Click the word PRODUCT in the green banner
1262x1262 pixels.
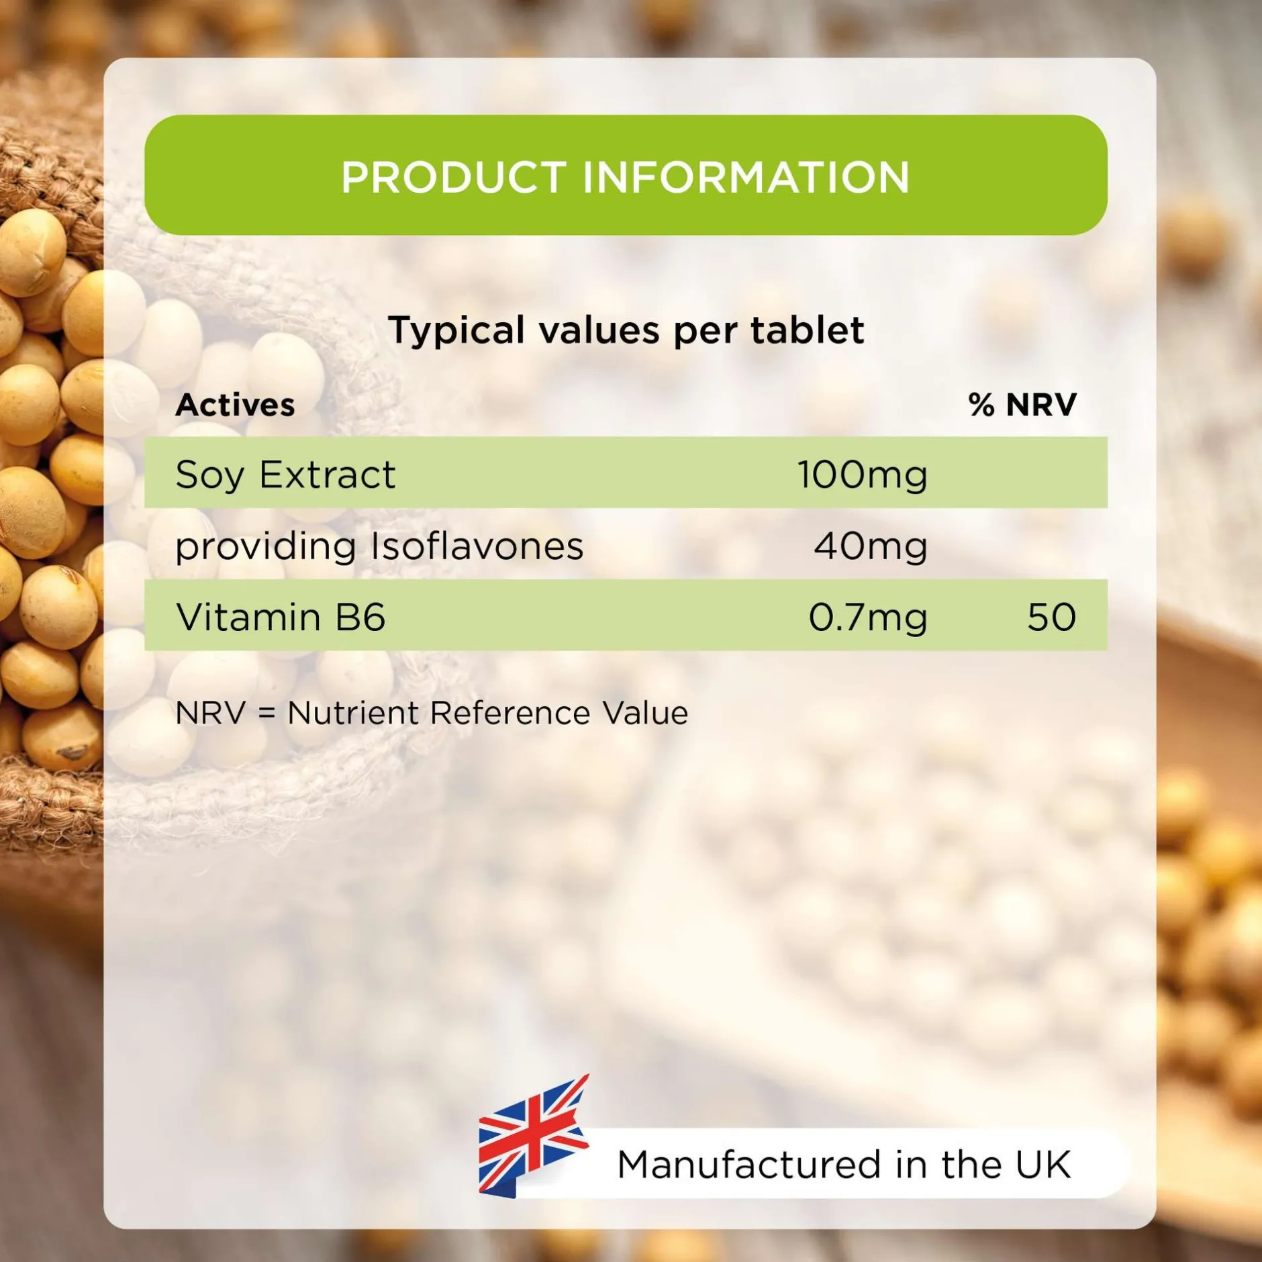point(454,177)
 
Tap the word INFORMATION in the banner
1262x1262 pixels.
point(746,177)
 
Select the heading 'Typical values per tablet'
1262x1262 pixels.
point(626,331)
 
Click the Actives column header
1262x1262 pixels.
point(235,405)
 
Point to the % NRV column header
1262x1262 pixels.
point(1022,405)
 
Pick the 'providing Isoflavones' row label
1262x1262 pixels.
point(379,546)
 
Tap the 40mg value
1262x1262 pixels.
point(871,546)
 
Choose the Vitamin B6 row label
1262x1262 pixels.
point(281,617)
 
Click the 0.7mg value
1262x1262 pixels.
point(868,618)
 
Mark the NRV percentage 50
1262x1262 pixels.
point(1052,617)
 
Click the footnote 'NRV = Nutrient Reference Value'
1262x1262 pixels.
point(432,713)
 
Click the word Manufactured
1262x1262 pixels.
point(748,1165)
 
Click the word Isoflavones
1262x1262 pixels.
point(477,546)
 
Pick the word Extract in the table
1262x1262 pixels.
point(328,475)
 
